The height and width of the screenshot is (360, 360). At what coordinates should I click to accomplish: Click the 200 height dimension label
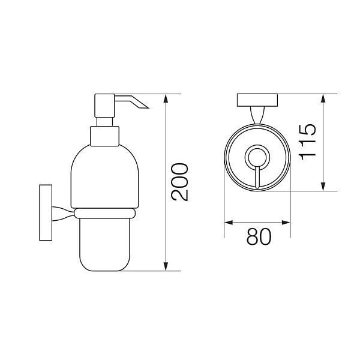tap(180, 182)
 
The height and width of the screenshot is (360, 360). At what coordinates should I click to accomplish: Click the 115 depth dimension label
tap(308, 142)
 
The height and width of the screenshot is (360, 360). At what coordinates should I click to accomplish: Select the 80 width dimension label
tap(259, 236)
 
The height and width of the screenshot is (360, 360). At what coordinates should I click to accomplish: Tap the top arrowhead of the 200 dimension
tap(166, 99)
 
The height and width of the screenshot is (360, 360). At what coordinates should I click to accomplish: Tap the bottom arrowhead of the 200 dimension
tap(166, 266)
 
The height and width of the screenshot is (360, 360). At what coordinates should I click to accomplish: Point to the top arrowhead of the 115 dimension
tap(323, 99)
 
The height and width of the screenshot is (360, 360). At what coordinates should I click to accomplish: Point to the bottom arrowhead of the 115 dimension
tap(323, 186)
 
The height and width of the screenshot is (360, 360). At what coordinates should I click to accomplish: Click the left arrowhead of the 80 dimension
tap(229, 223)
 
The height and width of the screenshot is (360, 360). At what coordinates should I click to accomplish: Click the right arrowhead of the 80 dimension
tap(286, 223)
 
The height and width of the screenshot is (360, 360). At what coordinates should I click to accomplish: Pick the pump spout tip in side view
tap(148, 107)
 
